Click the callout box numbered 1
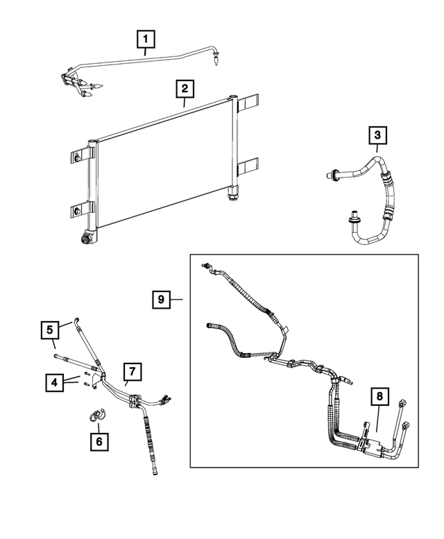tap(145, 40)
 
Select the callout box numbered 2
tap(185, 89)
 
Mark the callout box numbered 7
tap(133, 371)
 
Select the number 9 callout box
tap(161, 299)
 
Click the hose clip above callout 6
tap(95, 415)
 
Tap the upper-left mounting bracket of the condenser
tap(82, 153)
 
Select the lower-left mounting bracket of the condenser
tap(80, 208)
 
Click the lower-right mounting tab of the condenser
tap(248, 166)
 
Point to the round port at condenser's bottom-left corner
tap(87, 239)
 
